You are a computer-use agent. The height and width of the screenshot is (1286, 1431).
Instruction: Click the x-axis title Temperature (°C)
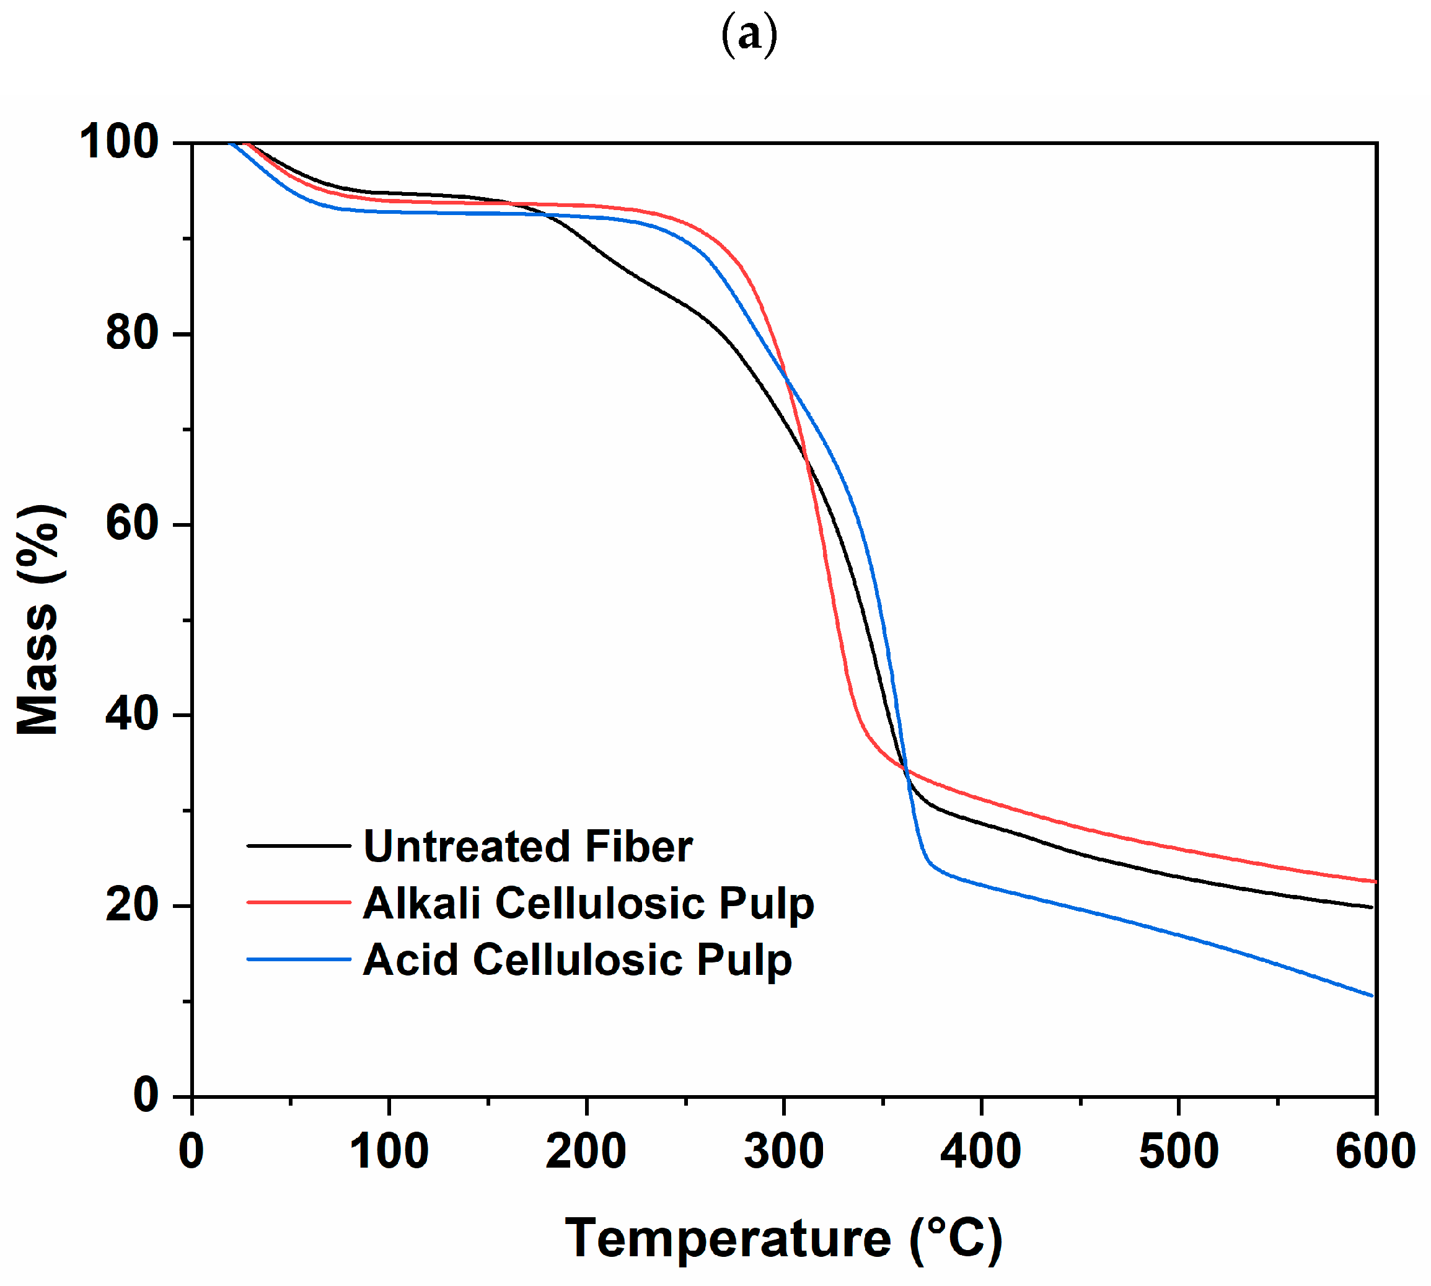coord(783,1237)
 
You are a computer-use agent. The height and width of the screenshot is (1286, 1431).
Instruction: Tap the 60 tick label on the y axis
coord(131,524)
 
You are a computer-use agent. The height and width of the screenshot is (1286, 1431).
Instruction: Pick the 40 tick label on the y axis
coord(131,714)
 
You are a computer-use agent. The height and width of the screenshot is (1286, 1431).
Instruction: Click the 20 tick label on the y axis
coord(131,904)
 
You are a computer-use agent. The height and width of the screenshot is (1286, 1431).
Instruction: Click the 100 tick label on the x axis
coord(389,1151)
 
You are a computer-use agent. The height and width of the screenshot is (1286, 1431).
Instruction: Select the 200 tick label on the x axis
coord(586,1151)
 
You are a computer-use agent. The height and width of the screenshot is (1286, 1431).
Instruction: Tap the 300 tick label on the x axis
coord(784,1151)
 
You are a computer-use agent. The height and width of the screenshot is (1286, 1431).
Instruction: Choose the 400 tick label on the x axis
coord(981,1151)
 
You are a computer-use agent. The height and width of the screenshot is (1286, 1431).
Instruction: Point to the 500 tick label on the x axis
coord(1178,1151)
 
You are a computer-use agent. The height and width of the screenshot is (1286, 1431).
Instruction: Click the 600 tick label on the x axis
coord(1375,1151)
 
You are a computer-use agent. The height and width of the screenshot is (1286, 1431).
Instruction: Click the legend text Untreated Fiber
coord(527,847)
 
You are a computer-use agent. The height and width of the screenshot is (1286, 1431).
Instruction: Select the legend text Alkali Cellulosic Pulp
coord(588,904)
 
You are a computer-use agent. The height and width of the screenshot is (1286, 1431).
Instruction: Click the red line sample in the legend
coord(298,902)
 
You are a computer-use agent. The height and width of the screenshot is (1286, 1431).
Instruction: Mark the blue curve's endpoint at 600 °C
coord(1372,995)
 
